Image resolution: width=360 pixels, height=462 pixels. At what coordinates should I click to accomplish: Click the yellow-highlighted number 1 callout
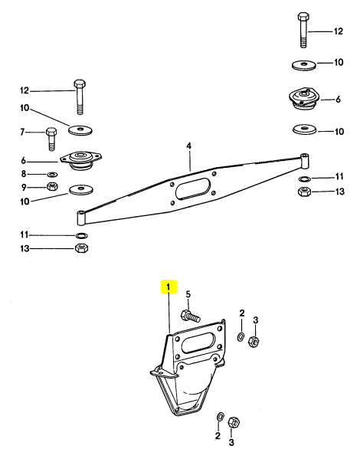[x=169, y=287]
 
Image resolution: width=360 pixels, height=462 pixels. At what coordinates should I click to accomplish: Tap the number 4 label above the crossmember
[x=188, y=146]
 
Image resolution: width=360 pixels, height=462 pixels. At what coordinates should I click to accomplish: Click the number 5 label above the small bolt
[x=188, y=294]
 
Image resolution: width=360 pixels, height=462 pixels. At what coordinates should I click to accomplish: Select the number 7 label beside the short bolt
[x=22, y=133]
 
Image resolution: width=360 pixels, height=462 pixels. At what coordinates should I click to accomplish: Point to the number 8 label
[x=24, y=174]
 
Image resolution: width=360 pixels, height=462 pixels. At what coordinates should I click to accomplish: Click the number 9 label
[x=24, y=187]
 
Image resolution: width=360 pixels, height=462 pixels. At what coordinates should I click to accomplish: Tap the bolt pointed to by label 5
[x=190, y=316]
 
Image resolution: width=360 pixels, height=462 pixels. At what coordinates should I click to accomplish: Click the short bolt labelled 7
[x=51, y=139]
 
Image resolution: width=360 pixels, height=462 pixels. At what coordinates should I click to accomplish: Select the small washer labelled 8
[x=52, y=175]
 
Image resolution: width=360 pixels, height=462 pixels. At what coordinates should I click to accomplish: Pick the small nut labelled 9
[x=52, y=186]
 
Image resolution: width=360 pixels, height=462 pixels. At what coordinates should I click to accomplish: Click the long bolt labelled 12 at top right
[x=303, y=30]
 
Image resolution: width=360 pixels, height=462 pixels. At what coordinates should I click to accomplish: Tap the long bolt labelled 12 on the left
[x=80, y=97]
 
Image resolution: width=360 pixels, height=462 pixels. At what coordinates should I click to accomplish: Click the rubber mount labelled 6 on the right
[x=303, y=100]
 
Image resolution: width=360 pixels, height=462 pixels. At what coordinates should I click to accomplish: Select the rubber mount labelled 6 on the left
[x=80, y=161]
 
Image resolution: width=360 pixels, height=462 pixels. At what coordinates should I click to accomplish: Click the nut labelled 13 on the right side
[x=304, y=192]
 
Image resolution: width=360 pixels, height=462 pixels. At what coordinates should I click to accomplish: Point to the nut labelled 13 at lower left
[x=82, y=248]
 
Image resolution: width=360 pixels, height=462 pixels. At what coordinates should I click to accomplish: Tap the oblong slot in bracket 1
[x=200, y=342]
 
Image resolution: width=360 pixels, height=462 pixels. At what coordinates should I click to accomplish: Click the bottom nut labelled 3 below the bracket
[x=234, y=423]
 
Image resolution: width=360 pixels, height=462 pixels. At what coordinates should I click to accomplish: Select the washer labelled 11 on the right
[x=304, y=179]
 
